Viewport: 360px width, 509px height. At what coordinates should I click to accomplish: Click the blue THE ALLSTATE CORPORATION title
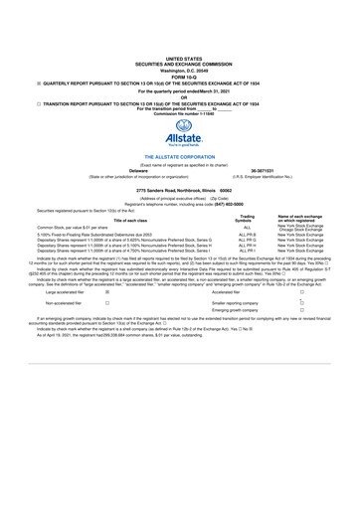coord(179,157)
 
